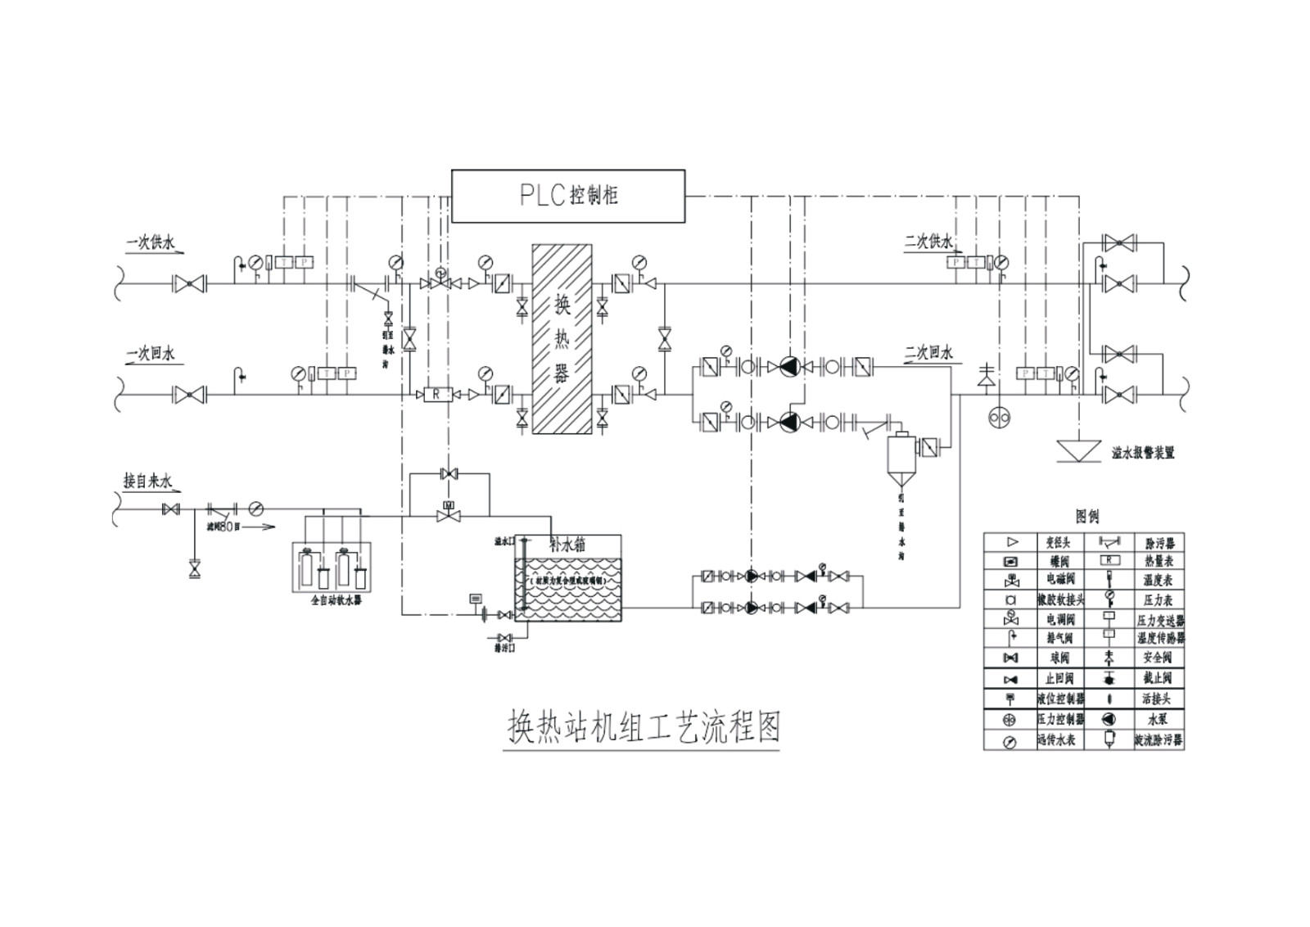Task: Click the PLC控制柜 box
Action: [568, 196]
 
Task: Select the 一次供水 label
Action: [151, 243]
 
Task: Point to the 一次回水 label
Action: [151, 354]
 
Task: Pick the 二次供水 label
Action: [929, 242]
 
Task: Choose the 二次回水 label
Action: [929, 353]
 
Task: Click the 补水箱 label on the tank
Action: [568, 545]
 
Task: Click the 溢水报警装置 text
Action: [1142, 453]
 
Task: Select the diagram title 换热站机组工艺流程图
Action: [642, 727]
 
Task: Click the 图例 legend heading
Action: [1087, 517]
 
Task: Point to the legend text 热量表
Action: [1159, 562]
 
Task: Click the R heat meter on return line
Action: [436, 395]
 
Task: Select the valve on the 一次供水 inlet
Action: [190, 284]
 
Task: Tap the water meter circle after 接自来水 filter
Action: [256, 509]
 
